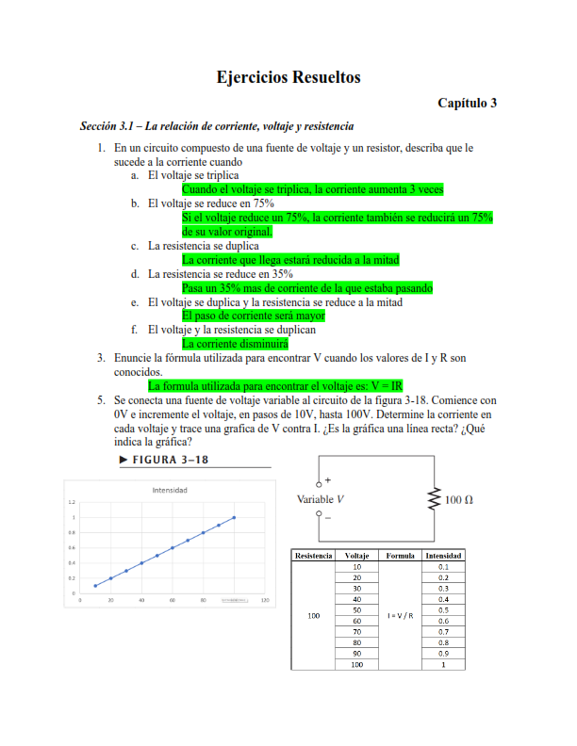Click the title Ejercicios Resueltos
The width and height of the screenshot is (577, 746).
coord(288,77)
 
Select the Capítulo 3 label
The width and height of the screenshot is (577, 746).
coord(467,104)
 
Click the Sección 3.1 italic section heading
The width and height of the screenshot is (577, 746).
coord(217,126)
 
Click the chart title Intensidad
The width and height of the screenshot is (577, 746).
coord(170,490)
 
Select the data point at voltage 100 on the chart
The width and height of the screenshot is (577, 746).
coord(234,517)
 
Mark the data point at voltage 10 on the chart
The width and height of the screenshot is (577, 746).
coord(95,586)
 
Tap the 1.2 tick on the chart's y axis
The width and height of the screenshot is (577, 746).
coord(72,503)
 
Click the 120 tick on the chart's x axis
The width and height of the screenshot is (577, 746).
coord(265,600)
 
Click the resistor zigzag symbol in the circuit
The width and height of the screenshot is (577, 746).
coord(435,498)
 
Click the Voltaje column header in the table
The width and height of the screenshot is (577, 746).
coord(357,556)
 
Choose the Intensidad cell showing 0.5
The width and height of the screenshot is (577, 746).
coord(443,610)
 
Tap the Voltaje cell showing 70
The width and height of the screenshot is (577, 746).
coord(357,632)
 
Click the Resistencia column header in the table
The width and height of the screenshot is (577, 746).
coord(314,556)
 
